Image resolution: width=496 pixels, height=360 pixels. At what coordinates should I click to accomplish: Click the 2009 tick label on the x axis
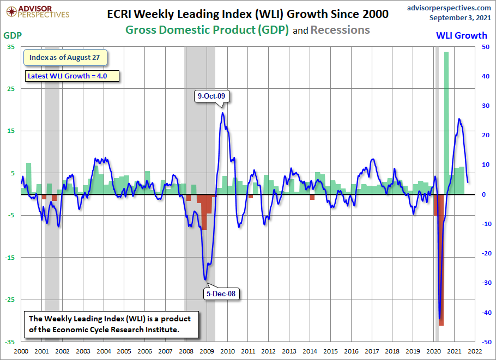(207, 352)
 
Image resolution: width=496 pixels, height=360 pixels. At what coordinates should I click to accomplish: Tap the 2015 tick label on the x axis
(330, 352)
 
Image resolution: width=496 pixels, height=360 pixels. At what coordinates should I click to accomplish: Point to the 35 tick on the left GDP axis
(11, 47)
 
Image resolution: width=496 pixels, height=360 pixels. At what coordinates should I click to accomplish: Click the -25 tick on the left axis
(10, 300)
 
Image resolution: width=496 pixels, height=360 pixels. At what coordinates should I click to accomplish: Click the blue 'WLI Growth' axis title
(462, 35)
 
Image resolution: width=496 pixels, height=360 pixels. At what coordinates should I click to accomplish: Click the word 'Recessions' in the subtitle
(340, 30)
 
